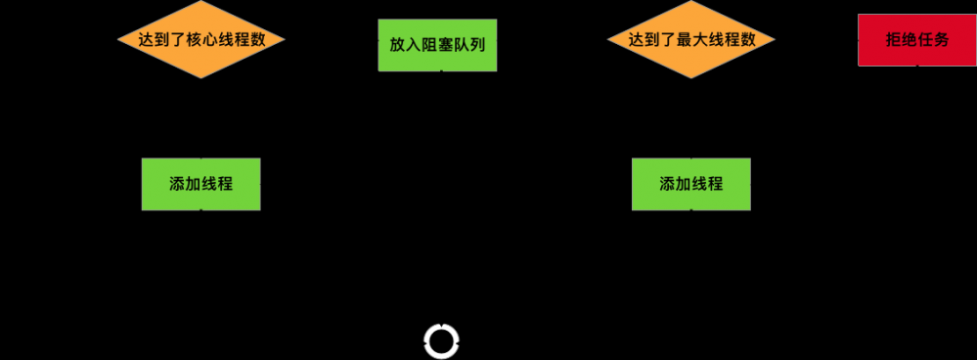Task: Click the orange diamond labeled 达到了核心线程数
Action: pos(200,40)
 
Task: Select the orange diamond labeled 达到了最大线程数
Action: pos(690,40)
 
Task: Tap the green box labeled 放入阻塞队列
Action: pos(437,44)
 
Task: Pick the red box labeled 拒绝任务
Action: pos(916,40)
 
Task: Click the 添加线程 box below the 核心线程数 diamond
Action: pos(200,183)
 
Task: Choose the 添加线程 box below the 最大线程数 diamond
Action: pos(690,183)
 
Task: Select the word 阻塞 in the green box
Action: pos(437,45)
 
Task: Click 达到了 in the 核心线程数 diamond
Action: pos(163,40)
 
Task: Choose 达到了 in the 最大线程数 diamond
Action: pos(653,40)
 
